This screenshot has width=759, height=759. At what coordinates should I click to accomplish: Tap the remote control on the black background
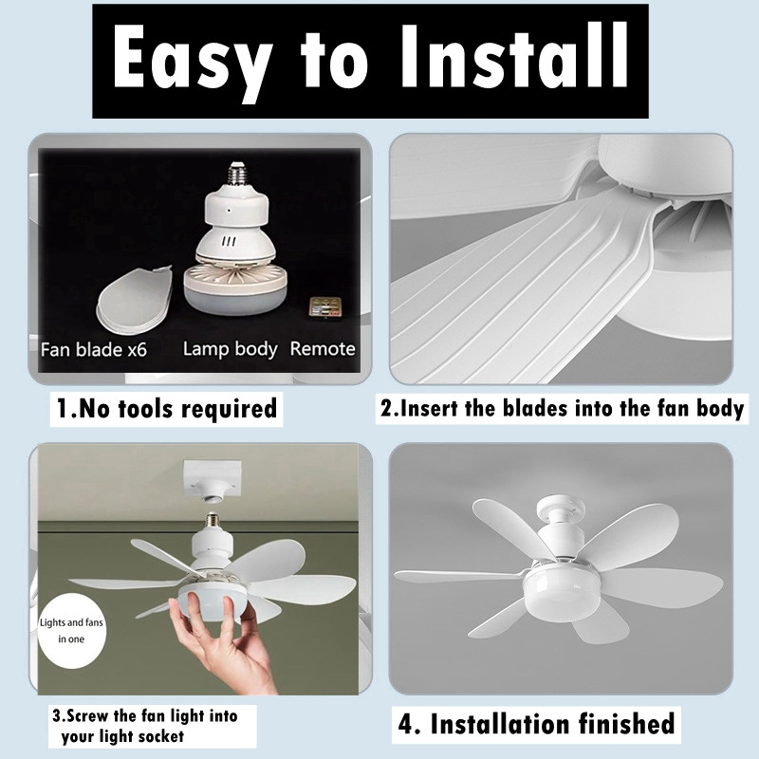[325, 308]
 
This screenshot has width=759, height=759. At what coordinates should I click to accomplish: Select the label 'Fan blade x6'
[93, 349]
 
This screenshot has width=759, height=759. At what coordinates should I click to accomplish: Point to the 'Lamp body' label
[230, 349]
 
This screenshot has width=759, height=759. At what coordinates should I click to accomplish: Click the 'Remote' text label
[323, 348]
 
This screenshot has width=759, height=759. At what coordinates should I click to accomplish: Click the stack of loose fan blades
[135, 300]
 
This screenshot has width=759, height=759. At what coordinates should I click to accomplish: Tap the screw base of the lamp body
[236, 174]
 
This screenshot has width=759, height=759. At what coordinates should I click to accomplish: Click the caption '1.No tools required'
[167, 409]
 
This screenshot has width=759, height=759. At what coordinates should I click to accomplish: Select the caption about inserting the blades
[562, 408]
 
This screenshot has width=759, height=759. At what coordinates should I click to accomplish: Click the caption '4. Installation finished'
[536, 724]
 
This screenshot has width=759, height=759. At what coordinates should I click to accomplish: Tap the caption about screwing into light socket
[145, 726]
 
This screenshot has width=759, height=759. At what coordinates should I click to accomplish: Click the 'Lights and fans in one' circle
[72, 631]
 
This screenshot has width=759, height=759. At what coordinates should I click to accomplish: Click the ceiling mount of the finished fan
[561, 509]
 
